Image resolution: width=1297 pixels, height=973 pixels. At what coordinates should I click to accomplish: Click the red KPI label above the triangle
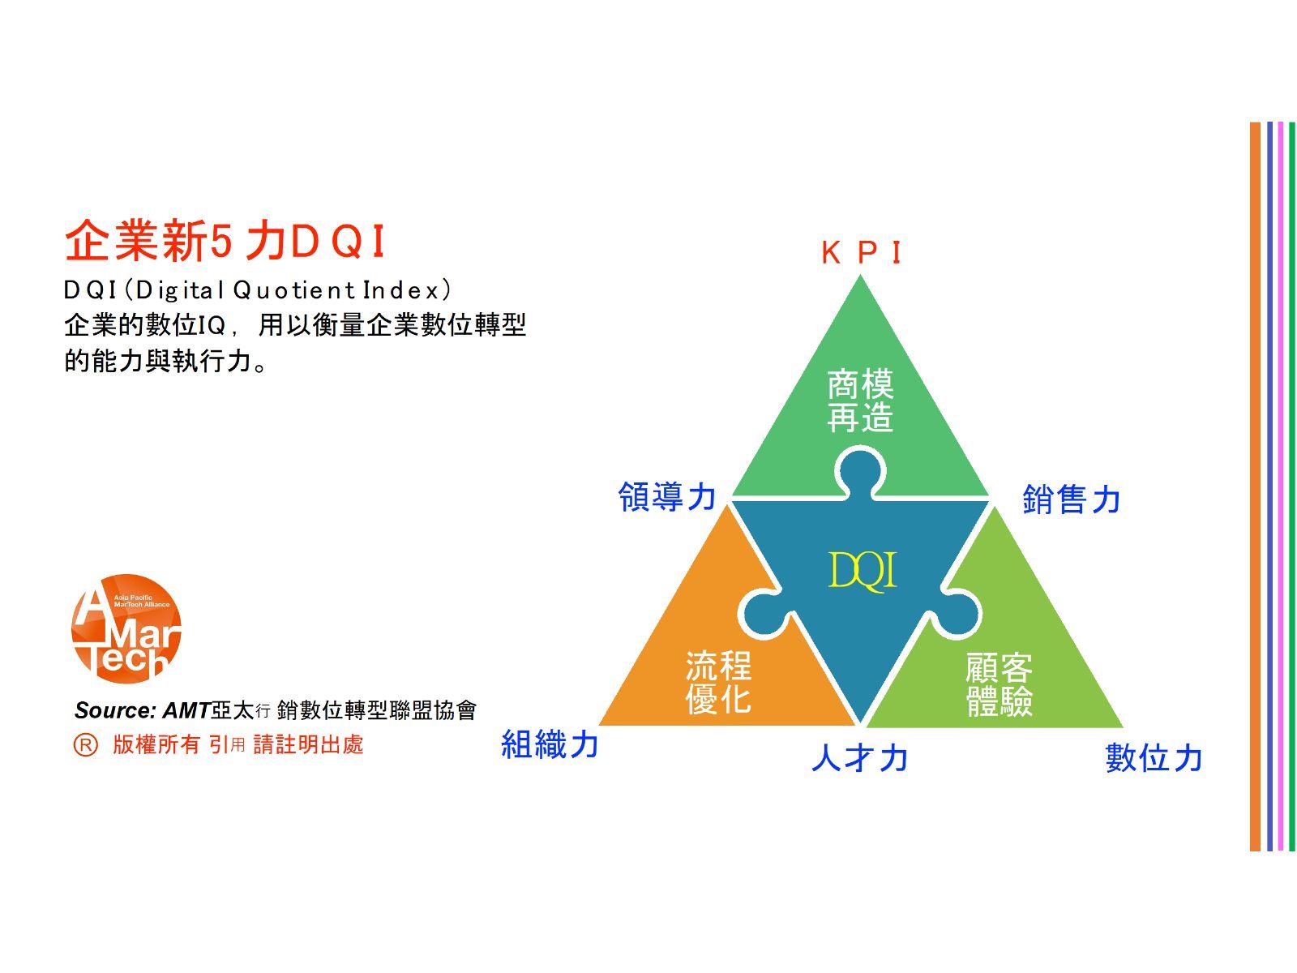click(862, 253)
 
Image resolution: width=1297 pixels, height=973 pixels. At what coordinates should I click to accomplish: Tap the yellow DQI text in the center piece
click(863, 571)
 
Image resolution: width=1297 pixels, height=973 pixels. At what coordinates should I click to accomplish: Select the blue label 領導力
click(667, 496)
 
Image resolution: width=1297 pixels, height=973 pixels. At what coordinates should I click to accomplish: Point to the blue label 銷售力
click(1072, 499)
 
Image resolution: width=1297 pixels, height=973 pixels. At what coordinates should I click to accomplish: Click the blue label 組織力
click(550, 744)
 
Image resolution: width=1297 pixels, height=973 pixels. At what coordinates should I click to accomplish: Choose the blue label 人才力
click(860, 758)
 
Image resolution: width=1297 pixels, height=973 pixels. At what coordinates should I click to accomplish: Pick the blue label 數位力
click(1154, 758)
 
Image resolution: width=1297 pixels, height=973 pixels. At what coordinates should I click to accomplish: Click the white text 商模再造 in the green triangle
click(860, 401)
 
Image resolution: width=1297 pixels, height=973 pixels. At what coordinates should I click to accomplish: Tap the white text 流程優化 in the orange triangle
click(718, 682)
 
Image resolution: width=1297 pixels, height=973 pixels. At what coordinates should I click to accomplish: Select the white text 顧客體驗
click(1000, 684)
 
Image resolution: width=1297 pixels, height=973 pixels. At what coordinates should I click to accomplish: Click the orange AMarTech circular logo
click(126, 628)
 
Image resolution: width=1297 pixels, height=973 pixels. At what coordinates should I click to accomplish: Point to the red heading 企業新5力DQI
click(225, 241)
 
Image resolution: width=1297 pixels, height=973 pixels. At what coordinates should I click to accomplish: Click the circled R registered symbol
click(86, 744)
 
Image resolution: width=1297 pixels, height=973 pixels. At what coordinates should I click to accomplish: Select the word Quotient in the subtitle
click(294, 290)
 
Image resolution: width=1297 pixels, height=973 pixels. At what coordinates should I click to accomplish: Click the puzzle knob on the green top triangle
click(860, 473)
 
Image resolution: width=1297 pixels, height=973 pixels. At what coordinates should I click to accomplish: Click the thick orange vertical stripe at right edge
click(1255, 486)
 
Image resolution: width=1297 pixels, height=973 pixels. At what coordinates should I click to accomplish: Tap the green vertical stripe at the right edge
click(1291, 486)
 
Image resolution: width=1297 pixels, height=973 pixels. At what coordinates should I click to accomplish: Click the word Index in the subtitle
click(402, 290)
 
